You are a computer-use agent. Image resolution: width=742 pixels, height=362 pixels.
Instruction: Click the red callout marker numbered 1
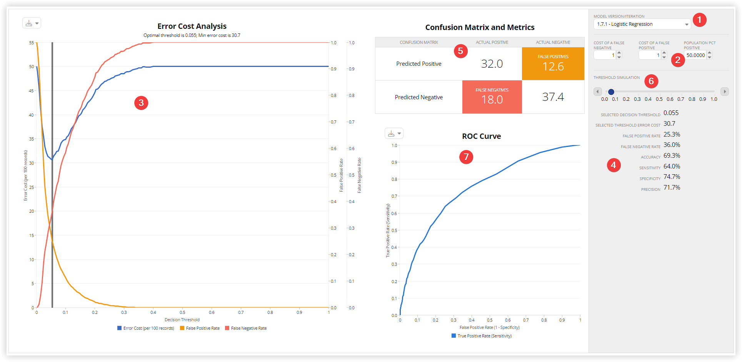coord(699,20)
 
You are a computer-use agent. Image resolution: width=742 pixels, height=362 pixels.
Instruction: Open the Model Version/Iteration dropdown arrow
coord(687,24)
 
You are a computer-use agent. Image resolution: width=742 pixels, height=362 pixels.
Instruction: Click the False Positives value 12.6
coord(553,67)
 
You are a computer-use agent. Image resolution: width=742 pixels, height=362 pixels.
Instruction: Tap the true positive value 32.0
coord(492,64)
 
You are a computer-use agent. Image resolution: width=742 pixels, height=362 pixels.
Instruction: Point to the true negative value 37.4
coord(553,97)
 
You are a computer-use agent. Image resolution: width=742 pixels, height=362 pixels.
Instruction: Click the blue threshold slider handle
coord(611,92)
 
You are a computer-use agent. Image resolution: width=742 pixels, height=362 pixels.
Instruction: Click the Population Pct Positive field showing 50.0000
coord(695,55)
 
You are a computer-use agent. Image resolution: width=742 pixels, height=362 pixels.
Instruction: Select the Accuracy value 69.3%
coord(672,156)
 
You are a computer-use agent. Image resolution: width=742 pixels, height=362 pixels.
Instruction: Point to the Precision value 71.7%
coord(672,188)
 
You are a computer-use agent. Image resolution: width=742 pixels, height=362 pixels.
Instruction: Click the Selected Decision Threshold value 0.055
coord(671,113)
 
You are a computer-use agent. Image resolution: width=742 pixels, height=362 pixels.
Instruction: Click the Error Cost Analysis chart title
coord(192,26)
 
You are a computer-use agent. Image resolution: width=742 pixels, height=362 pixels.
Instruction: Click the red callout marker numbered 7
coord(466,157)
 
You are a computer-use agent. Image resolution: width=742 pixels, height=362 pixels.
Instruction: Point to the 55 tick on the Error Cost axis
coord(31,43)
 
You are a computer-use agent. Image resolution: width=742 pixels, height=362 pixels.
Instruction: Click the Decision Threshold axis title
coord(182,320)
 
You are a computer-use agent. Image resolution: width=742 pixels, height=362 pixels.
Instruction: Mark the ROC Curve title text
coord(481,136)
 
